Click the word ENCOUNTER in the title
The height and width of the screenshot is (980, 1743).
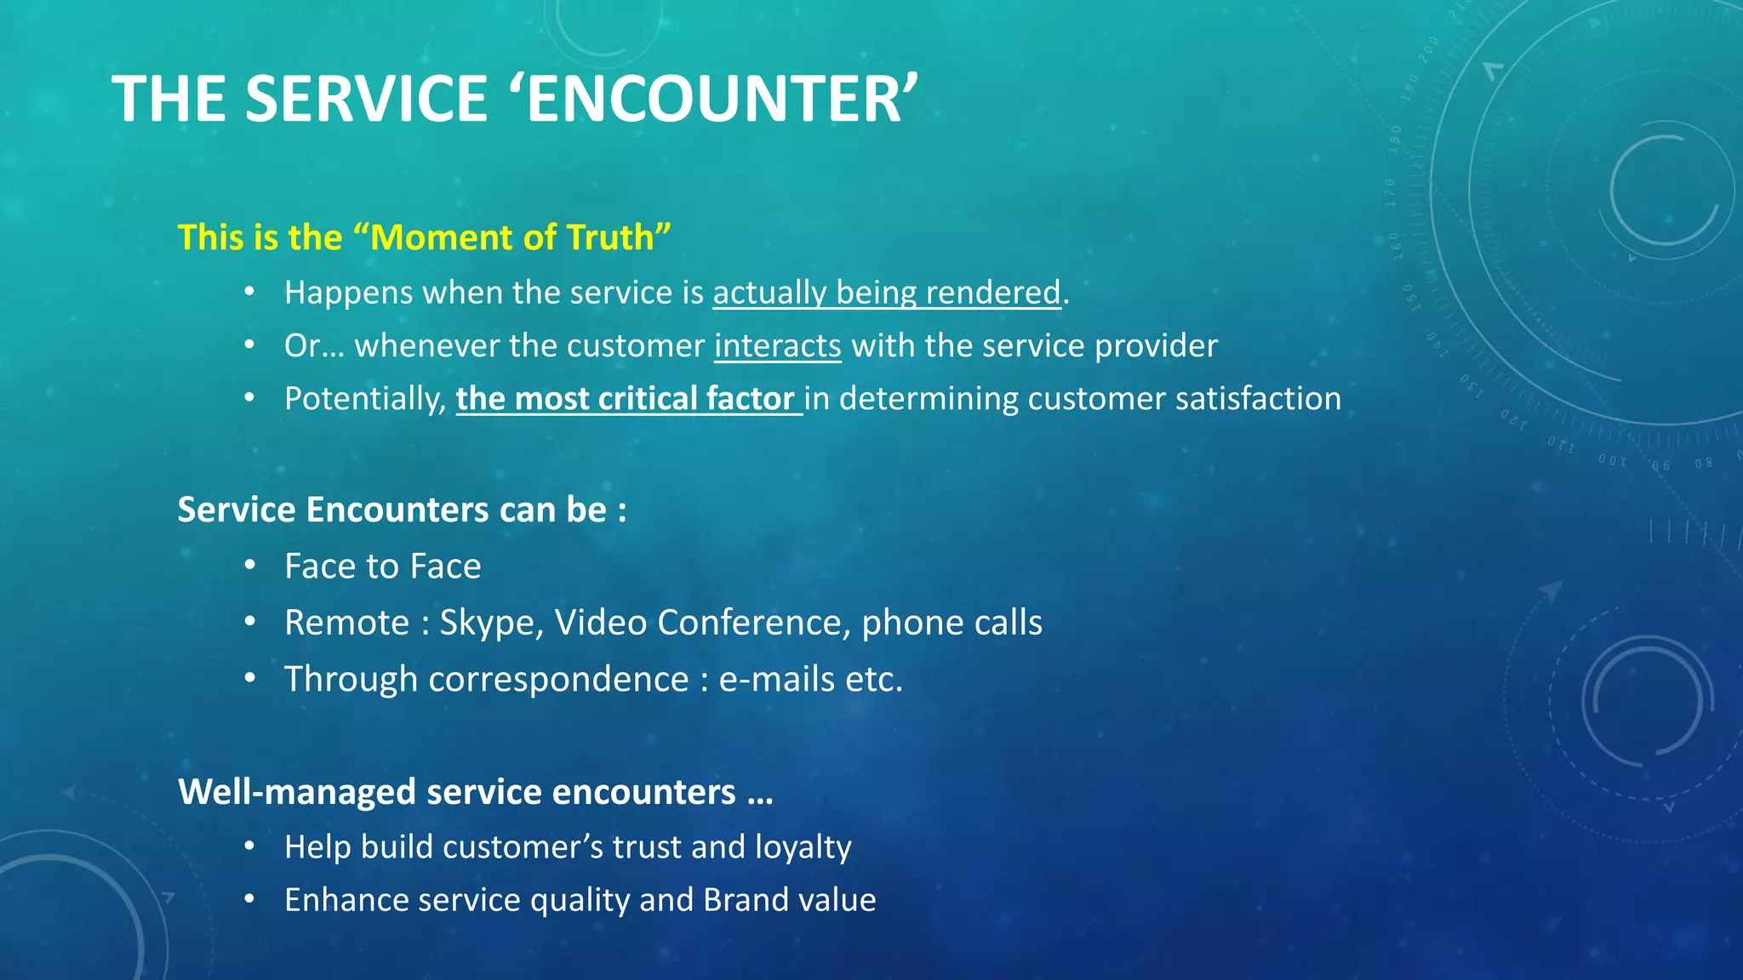(715, 99)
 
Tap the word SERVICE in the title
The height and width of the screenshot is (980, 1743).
(366, 99)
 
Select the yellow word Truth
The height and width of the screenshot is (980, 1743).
(610, 237)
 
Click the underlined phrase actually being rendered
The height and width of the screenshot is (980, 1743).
(887, 293)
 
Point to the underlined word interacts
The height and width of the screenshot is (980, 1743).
(777, 346)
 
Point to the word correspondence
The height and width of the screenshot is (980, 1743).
(558, 680)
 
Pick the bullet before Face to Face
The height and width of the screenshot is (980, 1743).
(249, 566)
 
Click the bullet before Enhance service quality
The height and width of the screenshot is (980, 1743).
(249, 899)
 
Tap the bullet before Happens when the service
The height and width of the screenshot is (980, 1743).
(249, 292)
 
